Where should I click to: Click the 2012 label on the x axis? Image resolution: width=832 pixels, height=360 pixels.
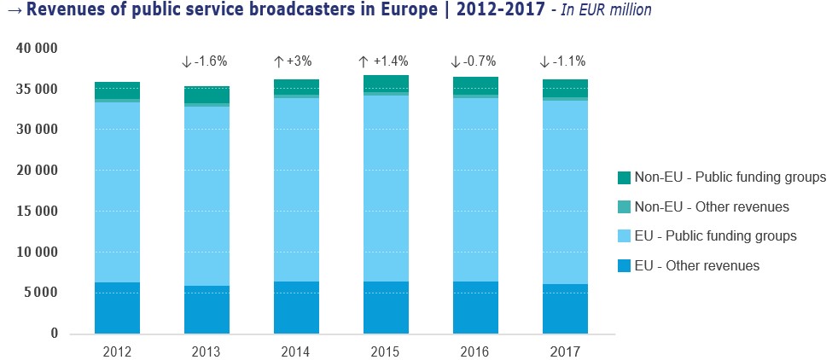(x=117, y=351)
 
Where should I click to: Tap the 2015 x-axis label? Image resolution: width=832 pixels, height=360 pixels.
(x=386, y=351)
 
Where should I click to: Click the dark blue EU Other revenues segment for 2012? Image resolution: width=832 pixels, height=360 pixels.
(x=117, y=307)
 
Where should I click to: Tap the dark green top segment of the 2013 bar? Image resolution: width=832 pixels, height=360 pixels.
(x=207, y=94)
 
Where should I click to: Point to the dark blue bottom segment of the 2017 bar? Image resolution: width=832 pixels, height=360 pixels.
(x=565, y=308)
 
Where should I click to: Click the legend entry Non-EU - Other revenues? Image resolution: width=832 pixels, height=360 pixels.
(x=713, y=206)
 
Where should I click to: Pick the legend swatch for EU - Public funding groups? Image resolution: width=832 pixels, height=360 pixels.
(x=624, y=235)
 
